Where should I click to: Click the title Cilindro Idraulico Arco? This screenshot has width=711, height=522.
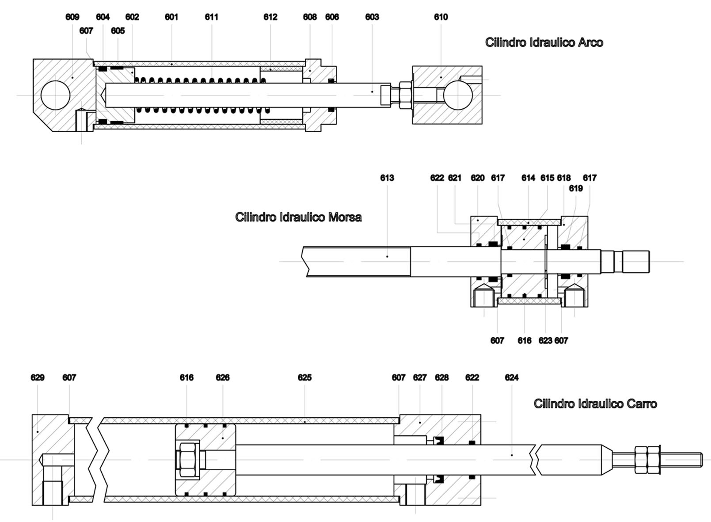click(544, 42)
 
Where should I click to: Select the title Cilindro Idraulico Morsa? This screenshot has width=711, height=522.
click(298, 217)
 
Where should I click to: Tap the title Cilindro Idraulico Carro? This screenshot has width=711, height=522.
click(595, 404)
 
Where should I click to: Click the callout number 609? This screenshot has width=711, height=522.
click(72, 17)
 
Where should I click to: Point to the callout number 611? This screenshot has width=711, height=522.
click(211, 17)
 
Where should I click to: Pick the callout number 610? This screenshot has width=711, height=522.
click(441, 17)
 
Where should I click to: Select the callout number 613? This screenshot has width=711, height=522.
click(387, 178)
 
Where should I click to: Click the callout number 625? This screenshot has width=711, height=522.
click(304, 377)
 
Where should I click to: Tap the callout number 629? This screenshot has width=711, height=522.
click(38, 377)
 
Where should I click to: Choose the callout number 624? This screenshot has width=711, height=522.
click(511, 377)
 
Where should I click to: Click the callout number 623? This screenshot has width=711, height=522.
click(545, 340)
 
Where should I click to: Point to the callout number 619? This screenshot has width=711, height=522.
click(575, 188)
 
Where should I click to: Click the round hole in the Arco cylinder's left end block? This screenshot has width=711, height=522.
click(55, 95)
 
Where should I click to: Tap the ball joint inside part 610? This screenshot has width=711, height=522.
click(458, 95)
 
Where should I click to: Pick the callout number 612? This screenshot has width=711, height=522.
click(270, 17)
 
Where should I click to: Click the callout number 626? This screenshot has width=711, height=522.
click(222, 377)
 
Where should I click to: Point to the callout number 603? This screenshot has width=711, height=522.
click(372, 17)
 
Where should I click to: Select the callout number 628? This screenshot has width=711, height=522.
click(441, 377)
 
